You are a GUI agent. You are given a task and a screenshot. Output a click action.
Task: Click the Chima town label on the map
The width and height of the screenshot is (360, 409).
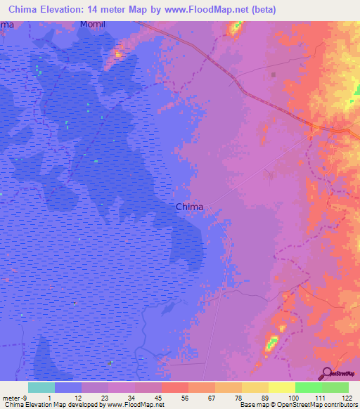[x=189, y=207]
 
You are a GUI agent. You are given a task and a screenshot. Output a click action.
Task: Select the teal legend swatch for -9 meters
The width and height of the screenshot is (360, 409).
[x=41, y=387]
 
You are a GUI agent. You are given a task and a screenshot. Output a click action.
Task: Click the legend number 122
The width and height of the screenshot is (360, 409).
[x=348, y=398]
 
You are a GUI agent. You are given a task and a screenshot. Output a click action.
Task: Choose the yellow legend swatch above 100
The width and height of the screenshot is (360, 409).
[x=281, y=387]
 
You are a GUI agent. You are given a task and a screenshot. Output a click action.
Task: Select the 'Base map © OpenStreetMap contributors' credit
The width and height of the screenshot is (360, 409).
[x=298, y=405]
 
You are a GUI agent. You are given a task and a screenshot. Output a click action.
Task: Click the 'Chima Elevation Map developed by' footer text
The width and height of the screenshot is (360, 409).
[x=53, y=405]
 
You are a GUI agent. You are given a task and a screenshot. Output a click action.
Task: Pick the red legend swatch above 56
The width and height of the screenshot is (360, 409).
[x=174, y=387]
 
